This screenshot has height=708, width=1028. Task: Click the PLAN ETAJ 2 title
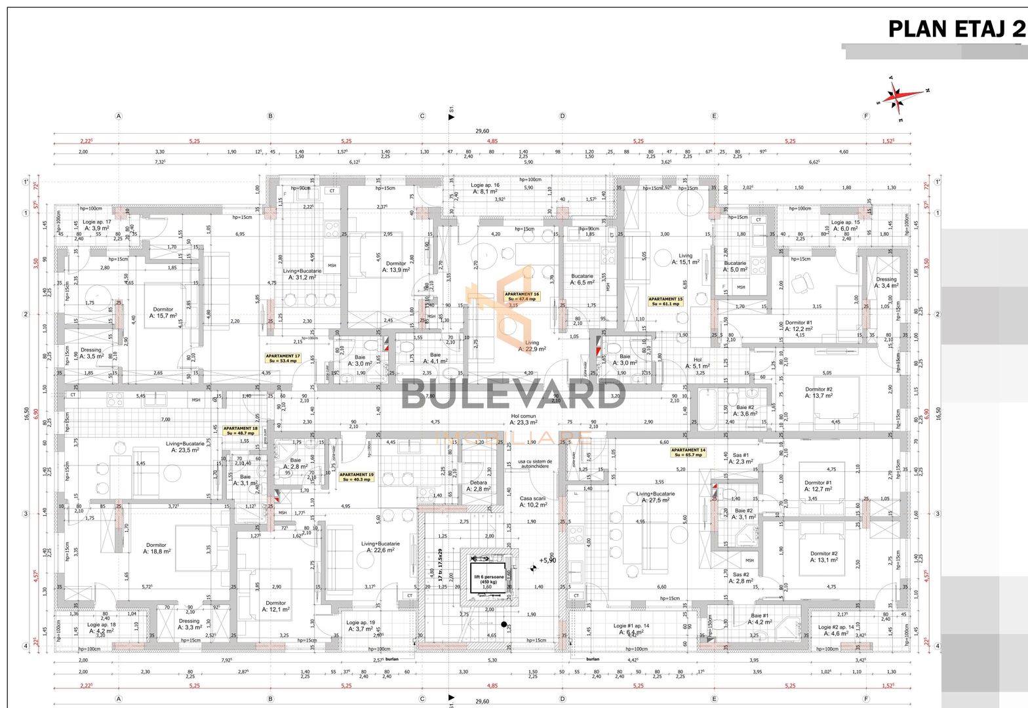(x=957, y=29)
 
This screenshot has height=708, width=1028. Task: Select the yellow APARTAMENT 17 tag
(x=283, y=358)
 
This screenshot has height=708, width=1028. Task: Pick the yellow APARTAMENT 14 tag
(x=688, y=452)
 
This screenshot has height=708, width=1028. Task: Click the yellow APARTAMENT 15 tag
(x=665, y=302)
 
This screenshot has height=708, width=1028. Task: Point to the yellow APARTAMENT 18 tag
(x=241, y=431)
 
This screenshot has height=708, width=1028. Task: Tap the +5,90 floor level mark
(x=547, y=560)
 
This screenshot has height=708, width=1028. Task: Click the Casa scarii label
(x=532, y=501)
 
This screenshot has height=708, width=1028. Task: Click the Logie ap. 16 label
(x=485, y=189)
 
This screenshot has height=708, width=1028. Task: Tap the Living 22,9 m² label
(x=532, y=346)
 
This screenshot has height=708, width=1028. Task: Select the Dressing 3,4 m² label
(x=886, y=283)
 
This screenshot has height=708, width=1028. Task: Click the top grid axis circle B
(x=270, y=116)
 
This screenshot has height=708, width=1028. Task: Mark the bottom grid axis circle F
(x=866, y=699)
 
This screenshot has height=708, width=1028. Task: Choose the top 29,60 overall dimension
(x=483, y=130)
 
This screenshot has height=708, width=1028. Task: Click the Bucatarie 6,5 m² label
(x=582, y=280)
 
